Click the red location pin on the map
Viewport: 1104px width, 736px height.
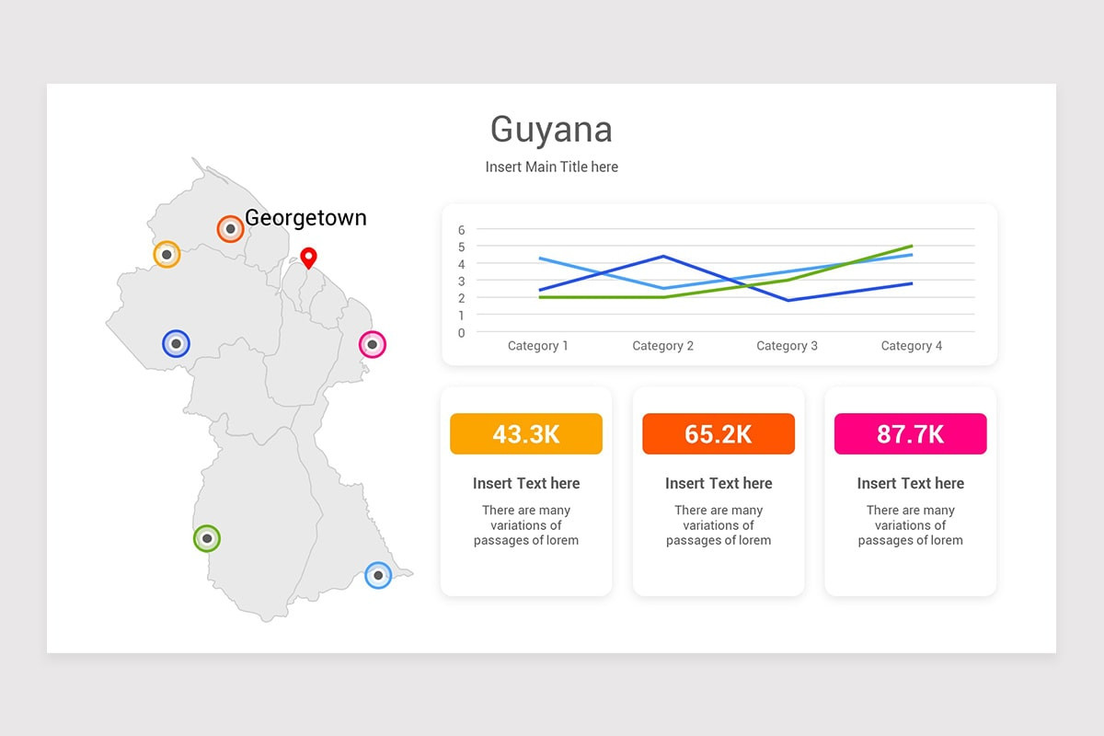click(x=308, y=258)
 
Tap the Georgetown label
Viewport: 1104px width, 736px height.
click(x=305, y=218)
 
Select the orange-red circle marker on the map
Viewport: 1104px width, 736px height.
click(x=230, y=229)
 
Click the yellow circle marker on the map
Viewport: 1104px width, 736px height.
click(x=167, y=254)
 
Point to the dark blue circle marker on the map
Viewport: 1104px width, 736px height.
click(x=176, y=343)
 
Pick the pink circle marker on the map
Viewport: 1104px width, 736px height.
click(x=372, y=345)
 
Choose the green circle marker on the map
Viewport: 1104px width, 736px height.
click(x=207, y=538)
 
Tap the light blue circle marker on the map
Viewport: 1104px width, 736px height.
click(x=378, y=575)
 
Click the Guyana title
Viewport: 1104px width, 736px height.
click(x=551, y=130)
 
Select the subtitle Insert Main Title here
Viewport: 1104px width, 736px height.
click(x=551, y=167)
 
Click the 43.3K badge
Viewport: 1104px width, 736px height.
click(x=526, y=434)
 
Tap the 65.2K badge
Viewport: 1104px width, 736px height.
click(x=719, y=434)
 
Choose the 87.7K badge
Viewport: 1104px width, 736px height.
click(x=910, y=434)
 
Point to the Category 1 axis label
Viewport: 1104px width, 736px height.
click(x=538, y=346)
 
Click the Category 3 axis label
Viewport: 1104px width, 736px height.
click(x=788, y=346)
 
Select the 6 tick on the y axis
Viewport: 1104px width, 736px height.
click(x=461, y=230)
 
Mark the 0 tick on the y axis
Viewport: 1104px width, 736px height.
click(x=461, y=333)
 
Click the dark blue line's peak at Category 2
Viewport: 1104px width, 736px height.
click(x=663, y=257)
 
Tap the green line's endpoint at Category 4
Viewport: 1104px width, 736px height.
click(x=912, y=246)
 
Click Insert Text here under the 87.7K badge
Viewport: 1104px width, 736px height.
click(x=910, y=484)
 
